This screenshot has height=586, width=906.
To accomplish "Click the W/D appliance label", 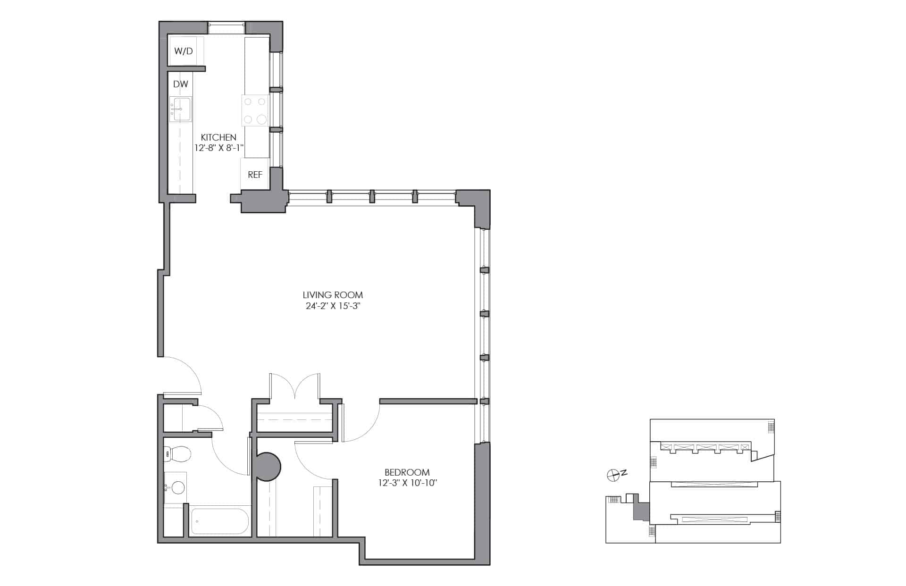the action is coord(184,51).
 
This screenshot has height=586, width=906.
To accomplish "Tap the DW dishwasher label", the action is coord(181,84).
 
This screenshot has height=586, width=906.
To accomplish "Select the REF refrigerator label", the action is coord(255,175).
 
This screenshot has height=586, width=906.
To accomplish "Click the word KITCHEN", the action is coord(218,137).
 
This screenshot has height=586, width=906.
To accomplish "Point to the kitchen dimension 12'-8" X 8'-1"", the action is coord(219,148).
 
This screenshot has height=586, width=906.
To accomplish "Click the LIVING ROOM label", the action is coord(333,295).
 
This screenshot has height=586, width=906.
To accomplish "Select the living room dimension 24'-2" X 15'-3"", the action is coord(333,306).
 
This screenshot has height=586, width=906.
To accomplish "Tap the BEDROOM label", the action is coord(407,472).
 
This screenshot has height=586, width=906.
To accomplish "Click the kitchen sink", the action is coord(181,109).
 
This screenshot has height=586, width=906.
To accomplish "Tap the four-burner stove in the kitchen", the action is coord(255,110).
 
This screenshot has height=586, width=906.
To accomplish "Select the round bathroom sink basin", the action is coord(178,487).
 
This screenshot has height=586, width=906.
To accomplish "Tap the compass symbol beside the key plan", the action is coord(613,476).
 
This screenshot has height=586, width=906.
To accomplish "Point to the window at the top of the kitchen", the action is coord(227,28).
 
